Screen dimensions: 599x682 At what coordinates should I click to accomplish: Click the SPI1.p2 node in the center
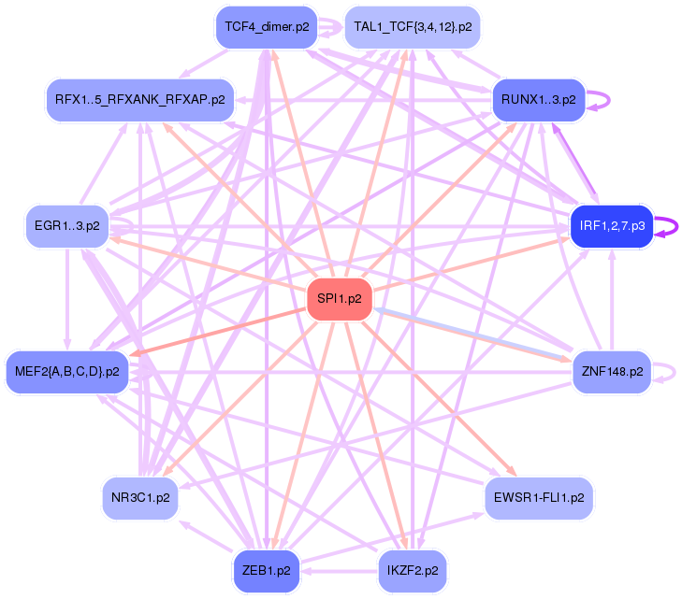point(341,300)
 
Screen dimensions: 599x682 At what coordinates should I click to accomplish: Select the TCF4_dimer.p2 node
point(267,27)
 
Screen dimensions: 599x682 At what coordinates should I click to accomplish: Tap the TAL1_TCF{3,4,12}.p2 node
point(413,27)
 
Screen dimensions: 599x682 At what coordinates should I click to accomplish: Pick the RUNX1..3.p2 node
point(538,98)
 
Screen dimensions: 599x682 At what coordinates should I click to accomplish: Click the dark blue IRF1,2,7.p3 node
point(612,226)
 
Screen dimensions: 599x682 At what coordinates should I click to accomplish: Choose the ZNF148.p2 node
point(611,371)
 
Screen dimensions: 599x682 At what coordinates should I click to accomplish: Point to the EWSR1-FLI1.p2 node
point(538,497)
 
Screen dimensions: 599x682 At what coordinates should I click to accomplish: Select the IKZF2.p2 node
point(412,569)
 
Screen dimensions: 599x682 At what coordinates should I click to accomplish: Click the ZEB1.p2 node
point(267,569)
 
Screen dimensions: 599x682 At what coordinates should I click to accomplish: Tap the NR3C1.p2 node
point(140,497)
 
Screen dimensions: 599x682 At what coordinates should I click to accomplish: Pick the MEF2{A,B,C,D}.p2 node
point(66,371)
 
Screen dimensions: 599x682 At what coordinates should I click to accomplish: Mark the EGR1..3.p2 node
point(66,226)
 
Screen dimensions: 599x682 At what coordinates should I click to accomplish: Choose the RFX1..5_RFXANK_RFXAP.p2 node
point(140,98)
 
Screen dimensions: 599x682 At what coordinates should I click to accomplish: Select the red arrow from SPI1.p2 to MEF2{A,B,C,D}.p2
point(225,328)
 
